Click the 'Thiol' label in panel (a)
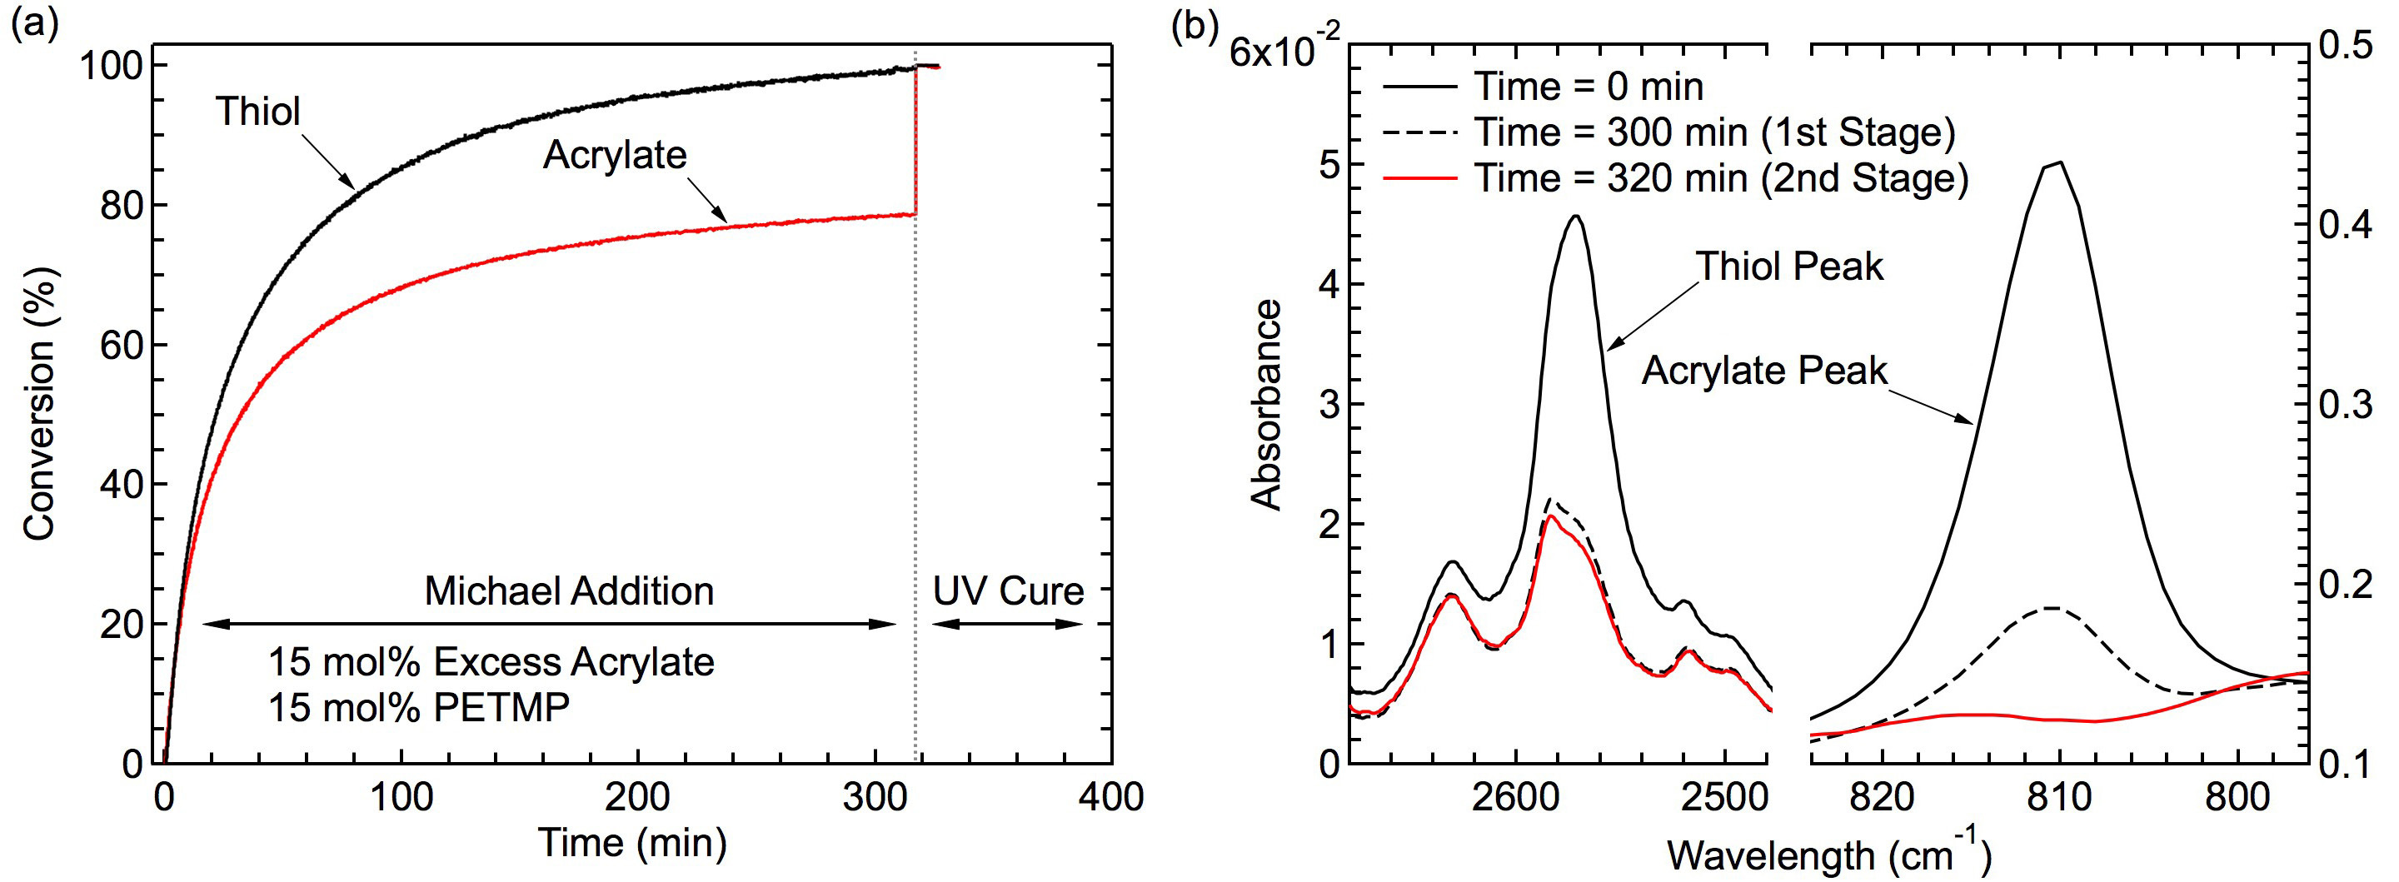[259, 112]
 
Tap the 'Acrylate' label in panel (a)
[615, 155]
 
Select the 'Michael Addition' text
[569, 591]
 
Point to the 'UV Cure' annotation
[1009, 591]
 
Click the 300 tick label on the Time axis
[875, 798]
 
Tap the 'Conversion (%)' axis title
[40, 402]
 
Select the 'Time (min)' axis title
[632, 843]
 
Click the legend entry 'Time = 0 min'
[1589, 87]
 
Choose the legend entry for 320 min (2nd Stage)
[1719, 178]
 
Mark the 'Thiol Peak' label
[1789, 267]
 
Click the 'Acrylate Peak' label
[1764, 371]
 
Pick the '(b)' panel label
[1195, 26]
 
